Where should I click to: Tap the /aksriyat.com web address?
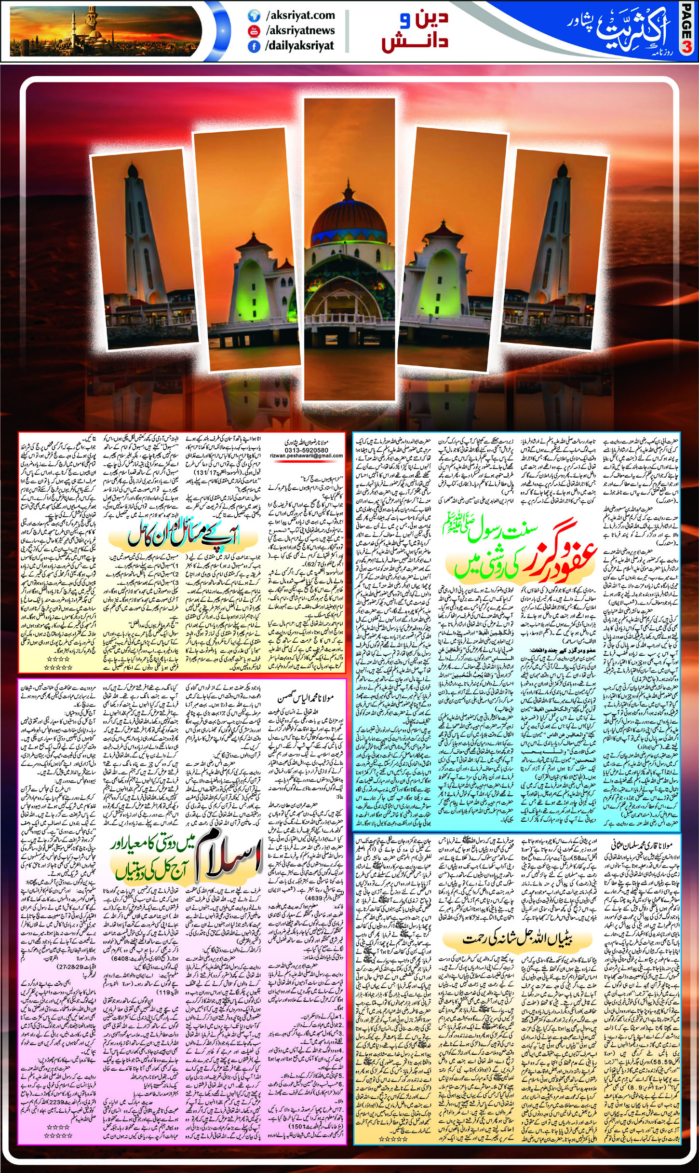[x=300, y=15]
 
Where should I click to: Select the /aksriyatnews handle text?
[x=300, y=30]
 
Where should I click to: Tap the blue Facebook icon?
[x=253, y=46]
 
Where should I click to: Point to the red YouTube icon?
[x=253, y=31]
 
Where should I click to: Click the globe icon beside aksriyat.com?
[x=253, y=16]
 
